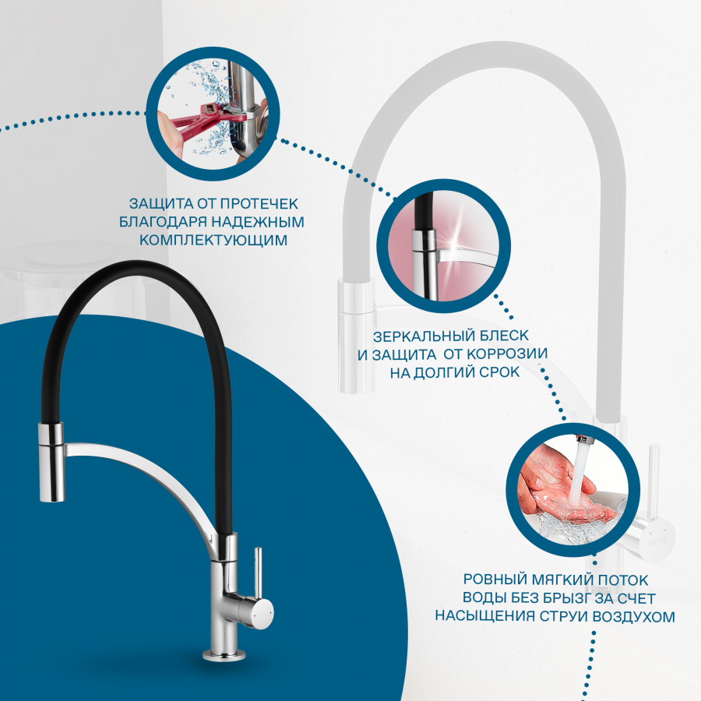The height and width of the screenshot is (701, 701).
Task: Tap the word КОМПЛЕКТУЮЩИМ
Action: click(213, 240)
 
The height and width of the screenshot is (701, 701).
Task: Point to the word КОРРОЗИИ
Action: click(507, 354)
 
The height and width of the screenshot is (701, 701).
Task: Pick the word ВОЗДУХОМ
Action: click(634, 617)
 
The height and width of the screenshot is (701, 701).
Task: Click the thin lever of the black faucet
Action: click(258, 573)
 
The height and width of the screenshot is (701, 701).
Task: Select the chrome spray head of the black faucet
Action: click(51, 461)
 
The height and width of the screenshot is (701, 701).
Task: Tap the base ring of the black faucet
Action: click(224, 655)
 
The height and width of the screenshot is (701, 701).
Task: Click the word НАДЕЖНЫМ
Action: click(258, 222)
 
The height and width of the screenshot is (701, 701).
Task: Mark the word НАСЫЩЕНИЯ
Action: click(485, 617)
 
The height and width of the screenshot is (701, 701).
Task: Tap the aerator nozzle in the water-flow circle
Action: click(584, 439)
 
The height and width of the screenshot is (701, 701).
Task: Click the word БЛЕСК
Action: click(502, 336)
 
